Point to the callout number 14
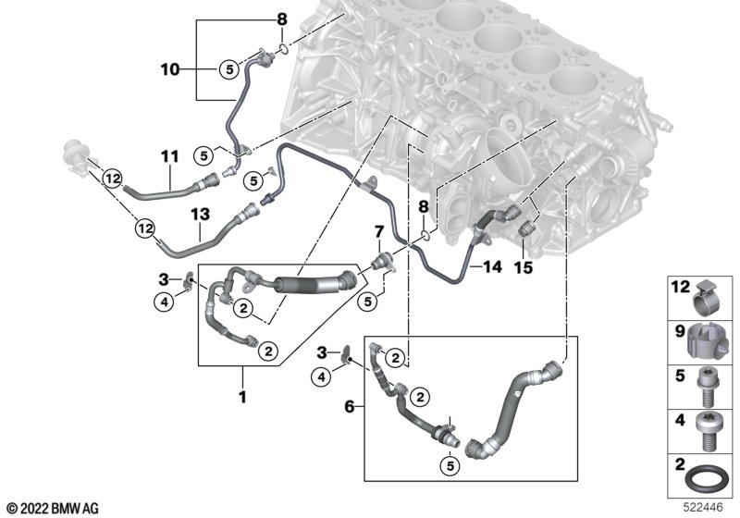pyautogui.click(x=492, y=267)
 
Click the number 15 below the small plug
pyautogui.click(x=524, y=267)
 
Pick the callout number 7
pyautogui.click(x=377, y=229)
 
